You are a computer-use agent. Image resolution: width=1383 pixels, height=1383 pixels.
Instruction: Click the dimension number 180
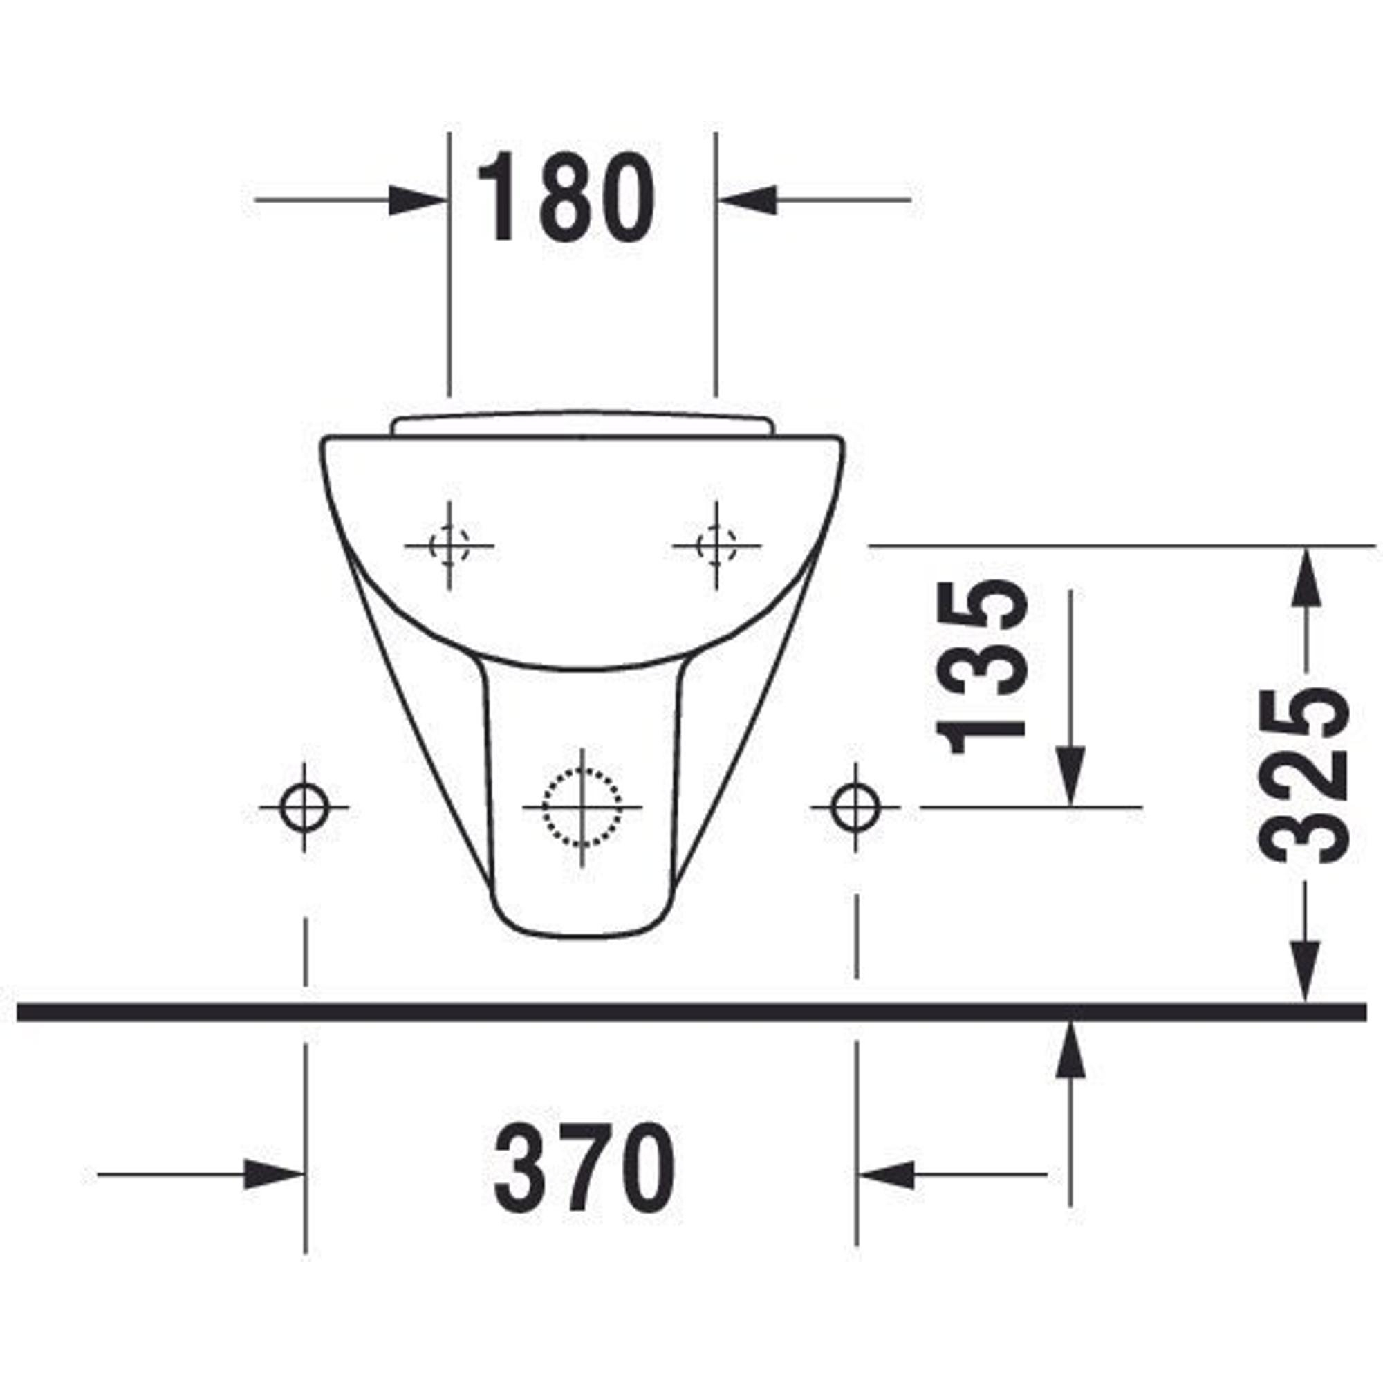[x=566, y=197]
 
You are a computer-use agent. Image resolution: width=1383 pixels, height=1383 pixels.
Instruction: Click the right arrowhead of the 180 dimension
[x=747, y=200]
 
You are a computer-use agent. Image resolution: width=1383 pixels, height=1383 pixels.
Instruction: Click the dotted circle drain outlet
[x=582, y=808]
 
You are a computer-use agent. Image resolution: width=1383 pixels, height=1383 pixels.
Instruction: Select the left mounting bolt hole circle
[x=305, y=808]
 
